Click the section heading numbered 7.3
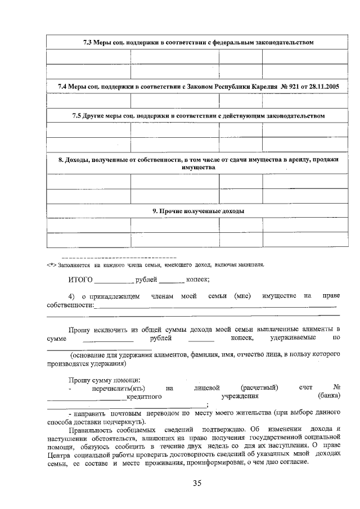pos(194,42)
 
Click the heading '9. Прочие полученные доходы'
pos(194,211)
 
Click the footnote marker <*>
pos(51,264)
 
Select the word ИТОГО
pos(80,279)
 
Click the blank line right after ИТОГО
pos(114,280)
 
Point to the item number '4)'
pos(71,296)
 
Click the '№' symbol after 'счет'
pos(337,388)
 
